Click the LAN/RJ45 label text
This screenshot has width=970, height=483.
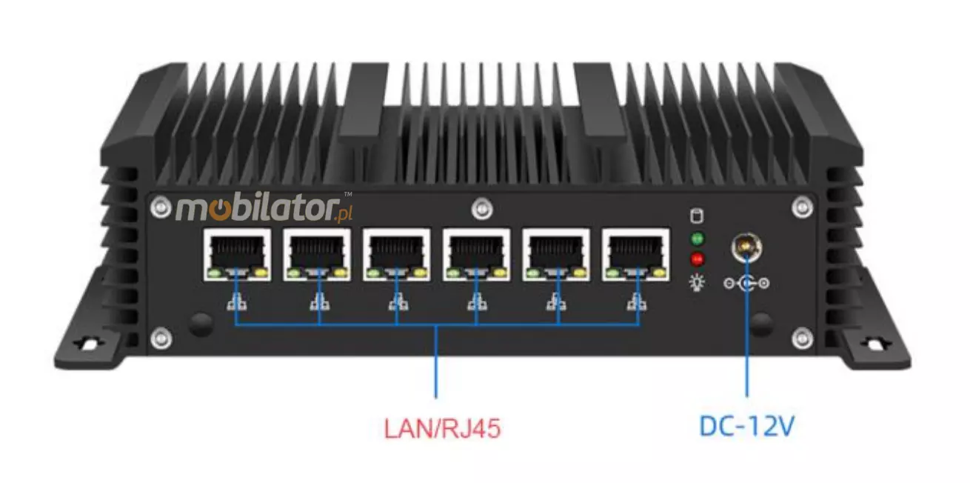(x=442, y=428)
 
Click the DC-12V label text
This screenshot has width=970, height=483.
(x=747, y=426)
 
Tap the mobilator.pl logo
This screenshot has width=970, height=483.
(x=264, y=209)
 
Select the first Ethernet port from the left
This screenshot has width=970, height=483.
(x=237, y=255)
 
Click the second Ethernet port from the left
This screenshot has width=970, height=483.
(x=317, y=255)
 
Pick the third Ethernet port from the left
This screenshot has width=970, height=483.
(x=397, y=255)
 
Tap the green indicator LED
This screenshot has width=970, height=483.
(x=697, y=239)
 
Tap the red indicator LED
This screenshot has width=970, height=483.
(x=697, y=259)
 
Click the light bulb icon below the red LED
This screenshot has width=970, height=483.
(x=697, y=282)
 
